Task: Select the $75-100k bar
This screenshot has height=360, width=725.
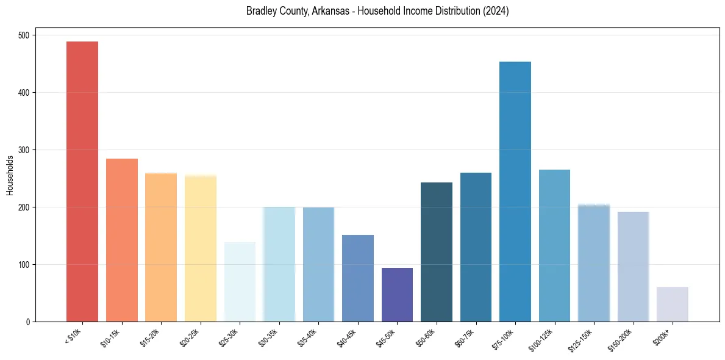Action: pyautogui.click(x=515, y=192)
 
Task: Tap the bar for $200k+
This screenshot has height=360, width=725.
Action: pyautogui.click(x=673, y=304)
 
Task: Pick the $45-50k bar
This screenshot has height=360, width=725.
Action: pyautogui.click(x=397, y=295)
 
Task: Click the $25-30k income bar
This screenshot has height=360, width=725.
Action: pyautogui.click(x=240, y=282)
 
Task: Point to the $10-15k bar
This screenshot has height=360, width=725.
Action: pyautogui.click(x=122, y=240)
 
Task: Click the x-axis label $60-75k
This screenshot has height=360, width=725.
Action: pyautogui.click(x=465, y=338)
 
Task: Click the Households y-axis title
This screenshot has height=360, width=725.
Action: pyautogui.click(x=10, y=175)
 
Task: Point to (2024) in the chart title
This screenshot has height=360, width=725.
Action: pyautogui.click(x=496, y=11)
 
